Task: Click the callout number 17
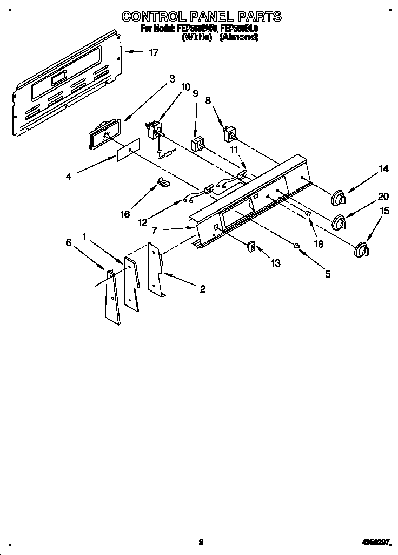point(154,52)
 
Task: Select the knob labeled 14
point(338,198)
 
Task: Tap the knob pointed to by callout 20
point(340,222)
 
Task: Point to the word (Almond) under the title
point(238,37)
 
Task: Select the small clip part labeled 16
point(162,182)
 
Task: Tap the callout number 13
point(276,263)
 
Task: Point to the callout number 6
point(69,243)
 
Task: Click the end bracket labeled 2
point(156,270)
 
